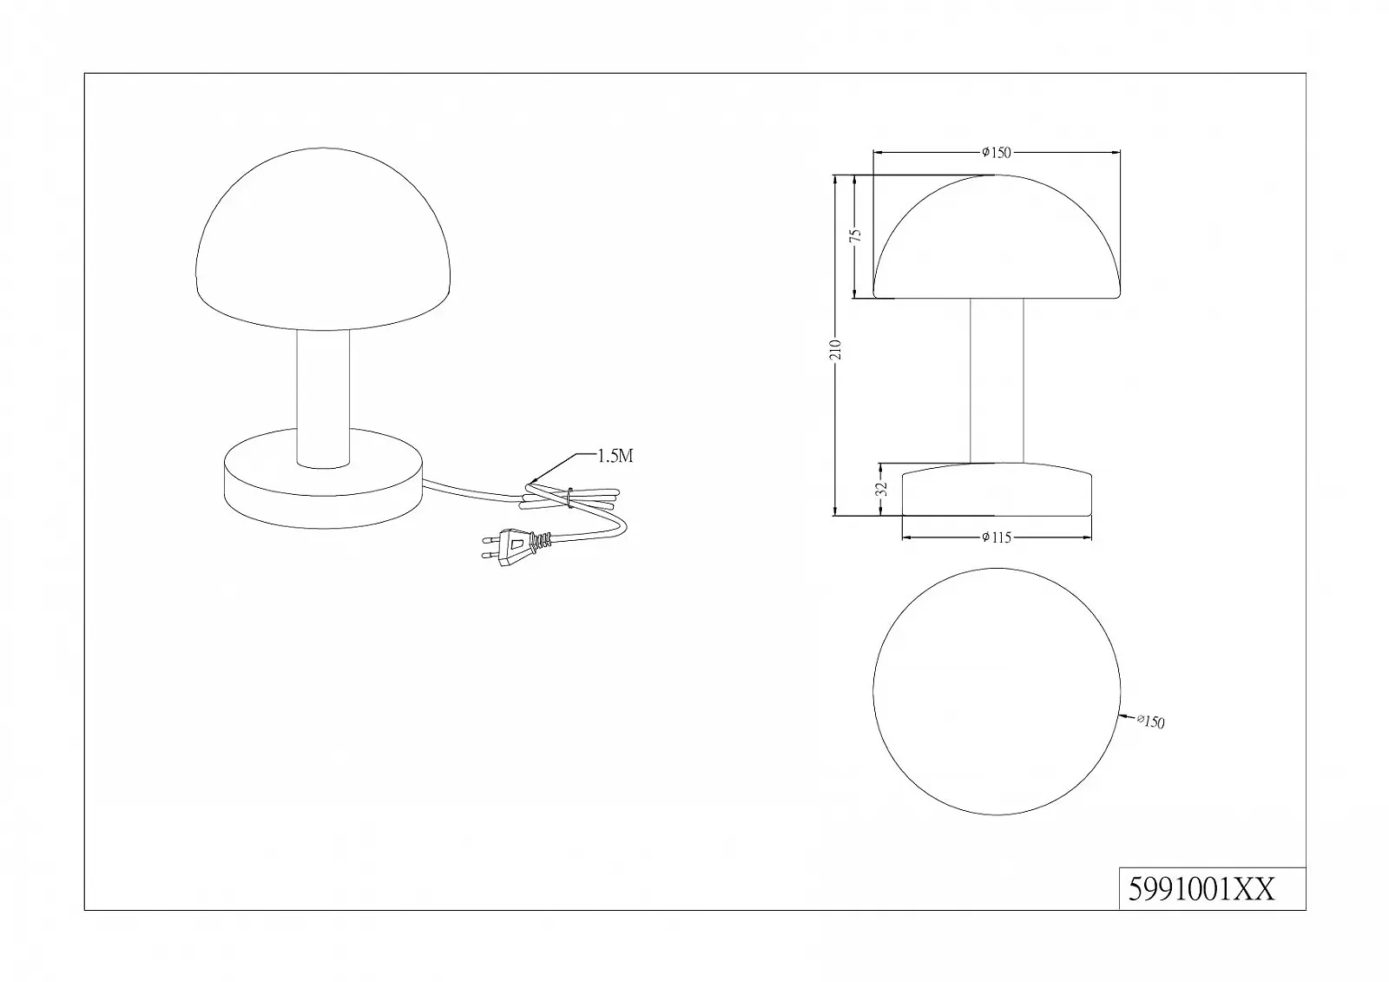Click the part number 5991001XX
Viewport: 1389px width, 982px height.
[x=1201, y=890]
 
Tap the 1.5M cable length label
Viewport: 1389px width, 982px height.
[x=616, y=456]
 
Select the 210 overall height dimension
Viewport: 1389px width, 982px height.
[x=836, y=349]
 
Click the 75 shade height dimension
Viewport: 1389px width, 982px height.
[x=855, y=235]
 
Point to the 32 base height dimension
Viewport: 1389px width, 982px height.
[x=884, y=489]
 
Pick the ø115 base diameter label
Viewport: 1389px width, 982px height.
[x=997, y=537]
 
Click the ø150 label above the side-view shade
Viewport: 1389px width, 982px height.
[x=997, y=153]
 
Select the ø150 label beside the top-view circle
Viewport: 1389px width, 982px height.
[x=1151, y=722]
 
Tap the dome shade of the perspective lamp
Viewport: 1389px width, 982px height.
[x=323, y=239]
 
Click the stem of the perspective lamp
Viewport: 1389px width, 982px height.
[x=323, y=399]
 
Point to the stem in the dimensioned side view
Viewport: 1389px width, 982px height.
[x=997, y=381]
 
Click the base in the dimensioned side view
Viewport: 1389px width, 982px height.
[x=997, y=490]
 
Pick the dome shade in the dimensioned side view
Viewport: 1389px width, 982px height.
[x=997, y=236]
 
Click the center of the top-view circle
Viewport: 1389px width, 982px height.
[x=997, y=691]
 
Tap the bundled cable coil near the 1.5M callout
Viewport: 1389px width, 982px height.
[x=569, y=498]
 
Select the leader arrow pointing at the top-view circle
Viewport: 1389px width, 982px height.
[x=1128, y=718]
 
